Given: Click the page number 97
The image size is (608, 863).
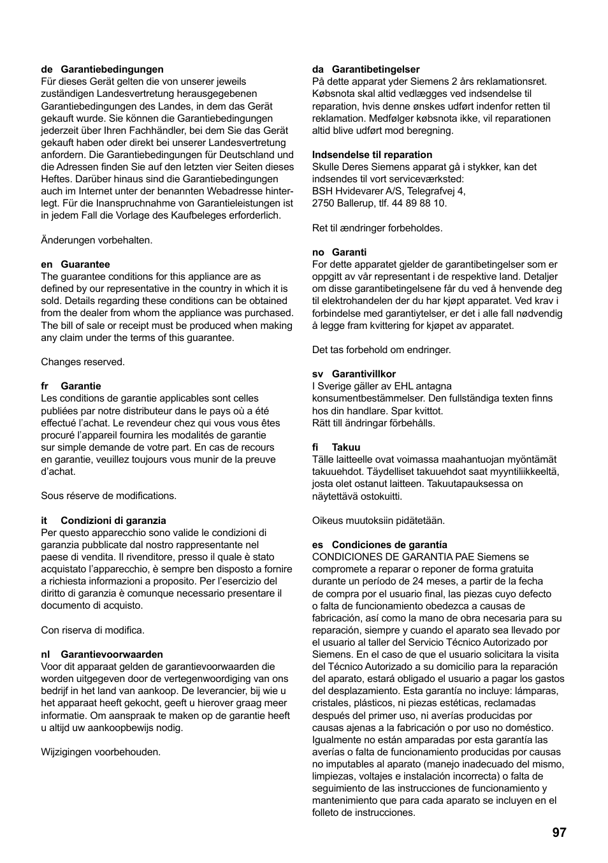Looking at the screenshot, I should (559, 832).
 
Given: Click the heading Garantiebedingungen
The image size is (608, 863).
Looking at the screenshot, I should (112, 69).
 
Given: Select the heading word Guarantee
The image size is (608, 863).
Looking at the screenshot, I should (85, 265).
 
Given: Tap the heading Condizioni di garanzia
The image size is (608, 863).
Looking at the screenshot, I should (113, 521).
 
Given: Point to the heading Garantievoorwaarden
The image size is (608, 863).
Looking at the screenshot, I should (112, 655).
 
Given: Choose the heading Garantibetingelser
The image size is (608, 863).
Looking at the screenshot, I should (375, 69).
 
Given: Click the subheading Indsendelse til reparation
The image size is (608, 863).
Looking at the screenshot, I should (372, 155).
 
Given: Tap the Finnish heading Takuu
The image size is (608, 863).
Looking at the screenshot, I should (346, 447).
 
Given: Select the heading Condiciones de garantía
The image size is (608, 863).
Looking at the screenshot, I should (389, 545).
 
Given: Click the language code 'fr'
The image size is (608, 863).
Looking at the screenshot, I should (45, 386).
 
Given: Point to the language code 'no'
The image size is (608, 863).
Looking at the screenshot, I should (318, 252).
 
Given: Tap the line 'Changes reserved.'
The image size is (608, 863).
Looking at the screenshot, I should (83, 362).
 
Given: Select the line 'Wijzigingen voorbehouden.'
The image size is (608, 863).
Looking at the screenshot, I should (101, 752).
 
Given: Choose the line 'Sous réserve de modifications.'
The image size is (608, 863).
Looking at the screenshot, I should (109, 496).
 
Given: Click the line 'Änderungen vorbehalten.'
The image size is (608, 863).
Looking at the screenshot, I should (97, 240).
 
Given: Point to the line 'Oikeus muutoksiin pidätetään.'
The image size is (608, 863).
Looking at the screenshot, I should (379, 521).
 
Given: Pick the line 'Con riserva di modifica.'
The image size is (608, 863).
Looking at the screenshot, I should (93, 630).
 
